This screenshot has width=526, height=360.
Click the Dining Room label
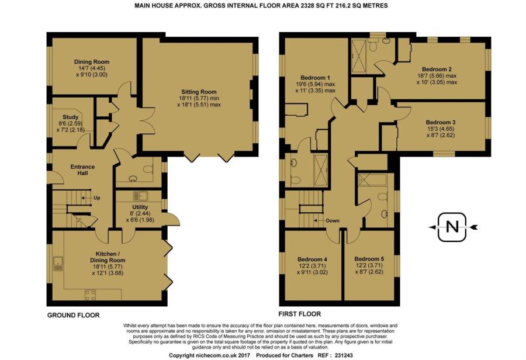pos(92,62)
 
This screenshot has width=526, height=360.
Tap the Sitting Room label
pos(199,92)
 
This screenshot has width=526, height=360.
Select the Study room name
pos(71,117)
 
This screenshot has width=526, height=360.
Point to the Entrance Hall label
pos(82,169)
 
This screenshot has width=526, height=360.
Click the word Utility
pos(140,207)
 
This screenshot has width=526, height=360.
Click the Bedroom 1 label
pos(313,78)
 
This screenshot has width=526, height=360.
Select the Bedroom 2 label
pos(434,70)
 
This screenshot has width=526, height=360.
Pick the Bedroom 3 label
pos(441,123)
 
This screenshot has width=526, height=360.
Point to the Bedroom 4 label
pos(312,259)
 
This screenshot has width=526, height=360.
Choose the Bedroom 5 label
pos(369,259)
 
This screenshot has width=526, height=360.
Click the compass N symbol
pos(452,227)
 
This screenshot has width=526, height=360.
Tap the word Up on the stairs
pos(96,198)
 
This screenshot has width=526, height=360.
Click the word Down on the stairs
pos(333,221)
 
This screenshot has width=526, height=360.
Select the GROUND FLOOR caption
pos(74,316)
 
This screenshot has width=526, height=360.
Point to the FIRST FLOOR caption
pos(300,314)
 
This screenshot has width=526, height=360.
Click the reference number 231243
pos(341,355)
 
